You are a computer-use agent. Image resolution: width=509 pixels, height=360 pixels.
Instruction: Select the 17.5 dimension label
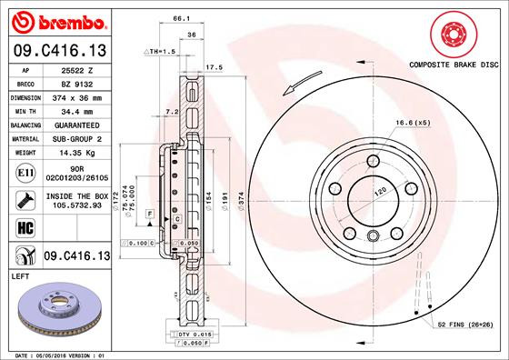(x=215, y=67)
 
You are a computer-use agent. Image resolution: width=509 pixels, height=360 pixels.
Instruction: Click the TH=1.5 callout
(x=160, y=53)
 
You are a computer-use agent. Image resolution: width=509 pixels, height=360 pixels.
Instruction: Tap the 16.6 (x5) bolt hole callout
(x=412, y=122)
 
